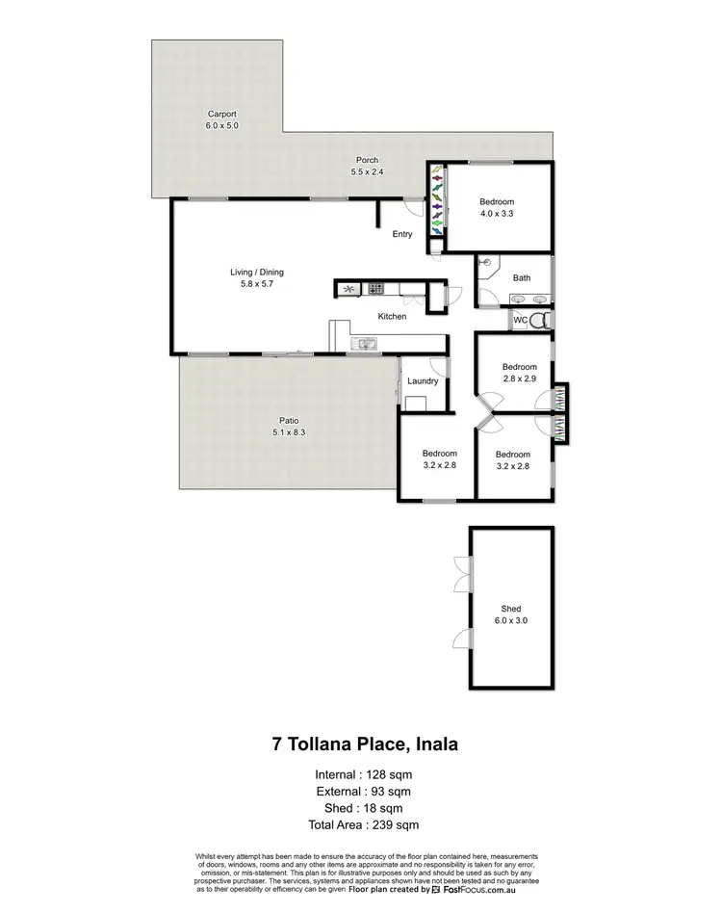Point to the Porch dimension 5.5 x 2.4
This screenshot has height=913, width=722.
[366, 172]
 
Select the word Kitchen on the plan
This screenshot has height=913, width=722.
[392, 316]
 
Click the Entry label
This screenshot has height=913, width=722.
[402, 234]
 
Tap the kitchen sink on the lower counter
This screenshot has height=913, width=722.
[366, 343]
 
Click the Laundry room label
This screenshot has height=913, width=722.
[423, 381]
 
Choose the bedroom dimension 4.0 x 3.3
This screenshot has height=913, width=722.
[497, 214]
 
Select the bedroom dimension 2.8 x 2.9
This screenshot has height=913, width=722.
[519, 378]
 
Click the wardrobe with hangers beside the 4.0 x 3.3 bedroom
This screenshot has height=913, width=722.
[436, 200]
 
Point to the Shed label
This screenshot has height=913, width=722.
[510, 609]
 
